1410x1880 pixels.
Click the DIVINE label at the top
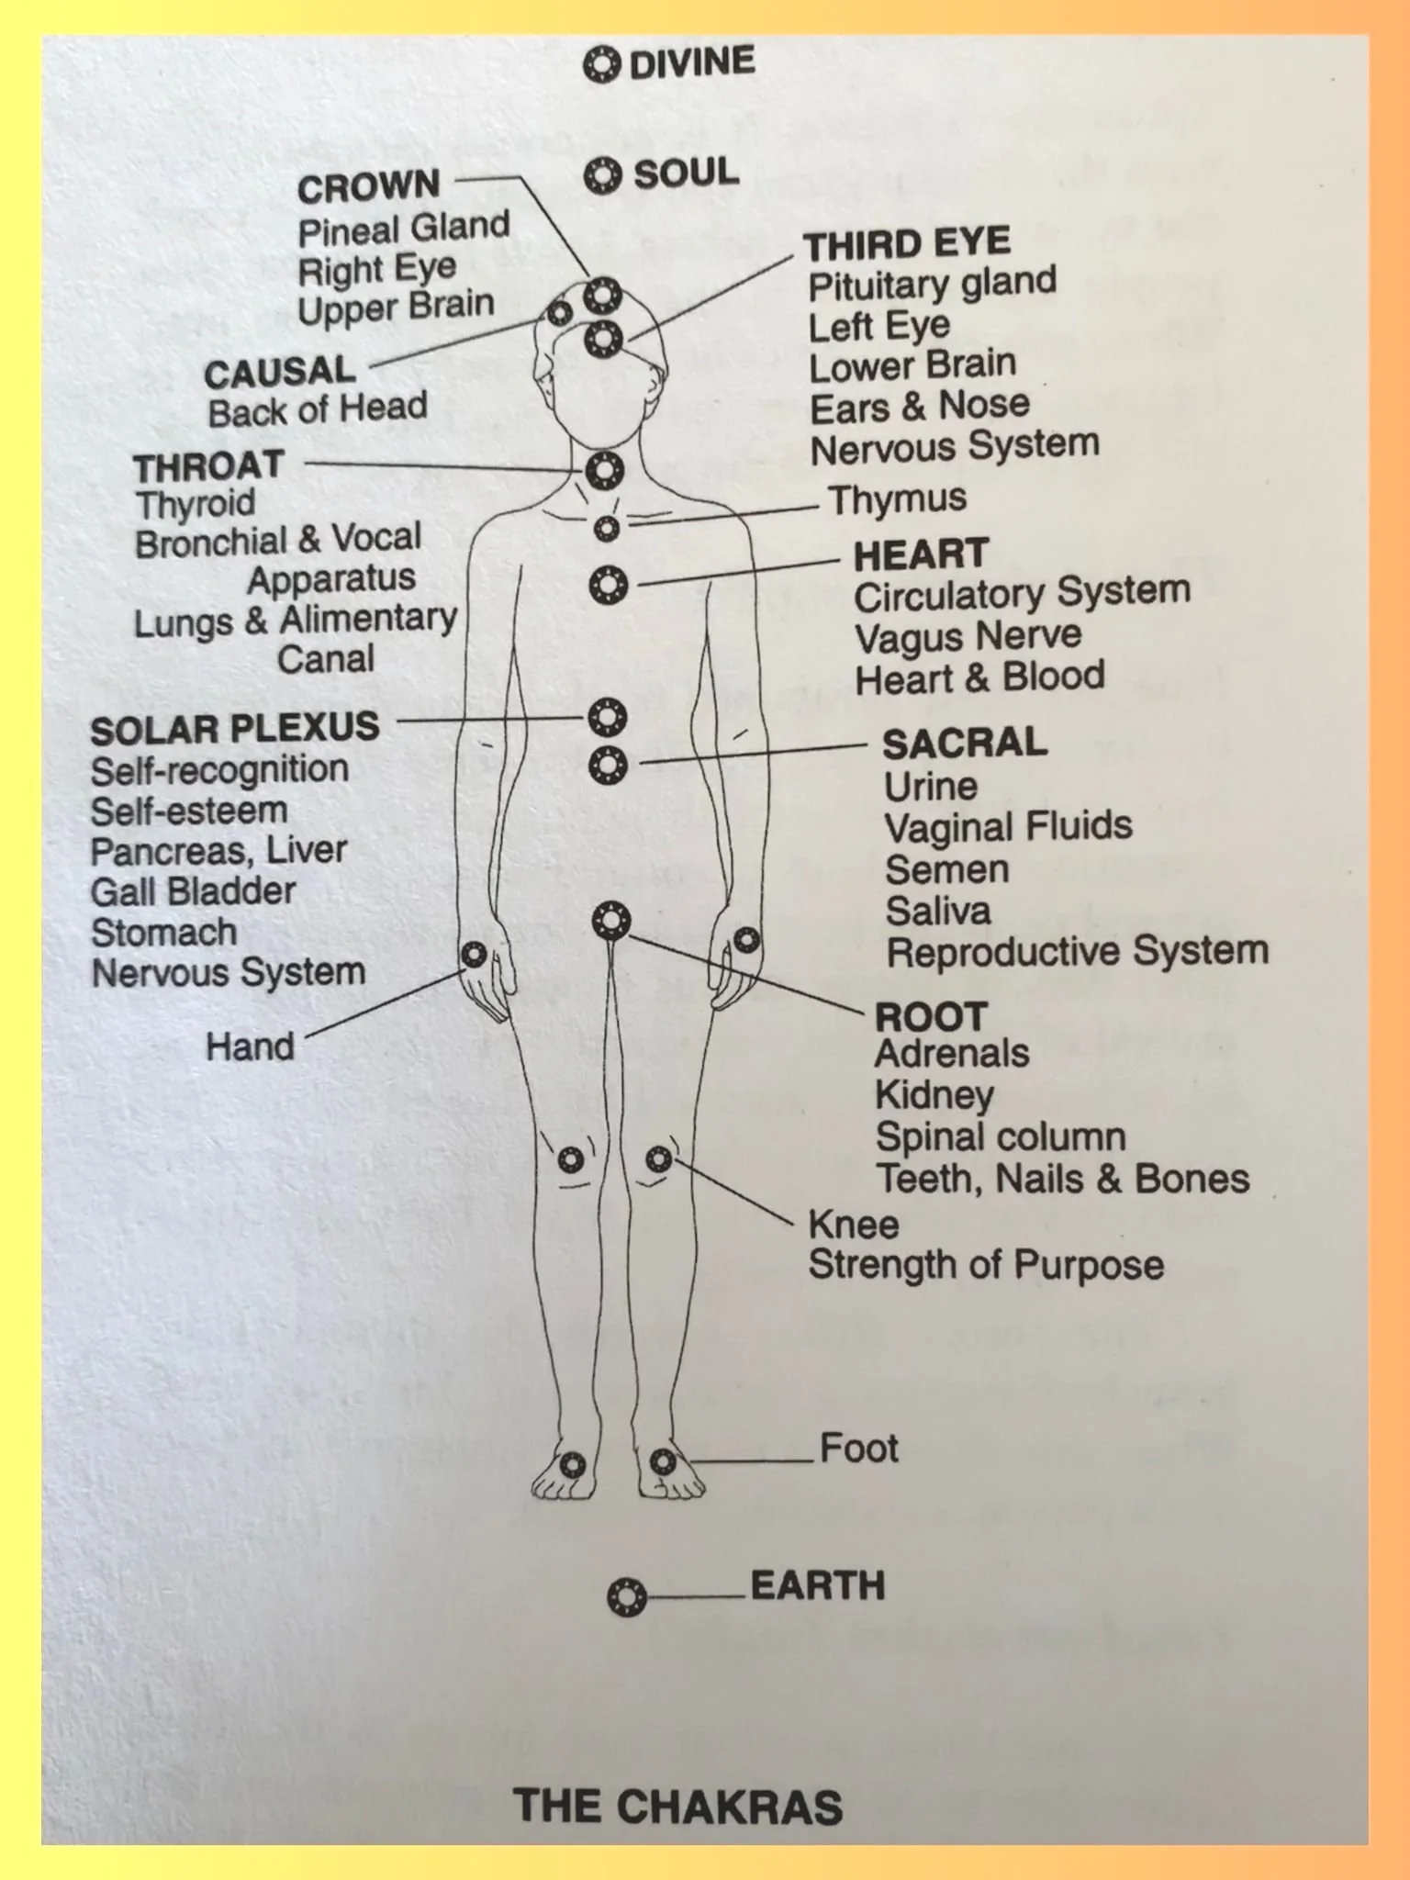click(691, 62)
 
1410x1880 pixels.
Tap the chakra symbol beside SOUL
click(602, 174)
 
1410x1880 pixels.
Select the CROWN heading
click(368, 187)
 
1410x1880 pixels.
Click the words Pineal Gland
click(404, 228)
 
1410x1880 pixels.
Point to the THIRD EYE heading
click(907, 244)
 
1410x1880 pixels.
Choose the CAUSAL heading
click(279, 373)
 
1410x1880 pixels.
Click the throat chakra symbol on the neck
click(604, 470)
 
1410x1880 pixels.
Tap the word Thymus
click(897, 499)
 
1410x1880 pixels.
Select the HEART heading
click(921, 555)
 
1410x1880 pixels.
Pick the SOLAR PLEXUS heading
click(234, 728)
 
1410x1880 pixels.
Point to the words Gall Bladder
click(193, 891)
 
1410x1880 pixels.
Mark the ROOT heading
click(931, 1016)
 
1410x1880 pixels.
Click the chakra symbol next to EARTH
click(627, 1597)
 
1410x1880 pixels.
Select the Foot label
click(858, 1449)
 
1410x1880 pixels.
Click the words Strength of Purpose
click(986, 1265)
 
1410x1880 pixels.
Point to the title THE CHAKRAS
click(677, 1806)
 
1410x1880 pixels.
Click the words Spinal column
click(1001, 1137)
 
